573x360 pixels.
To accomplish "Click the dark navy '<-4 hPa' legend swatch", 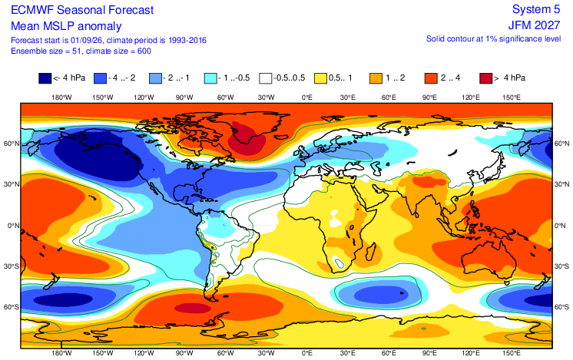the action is (45, 78).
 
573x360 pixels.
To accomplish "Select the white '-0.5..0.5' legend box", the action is (266, 78).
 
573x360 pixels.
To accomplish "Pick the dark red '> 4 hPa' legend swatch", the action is (485, 78).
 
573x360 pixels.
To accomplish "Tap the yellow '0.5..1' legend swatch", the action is (321, 78).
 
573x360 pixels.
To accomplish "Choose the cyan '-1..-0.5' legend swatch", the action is (210, 78).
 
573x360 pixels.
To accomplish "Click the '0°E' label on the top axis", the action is (307, 97).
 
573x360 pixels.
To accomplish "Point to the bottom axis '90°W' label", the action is (184, 353).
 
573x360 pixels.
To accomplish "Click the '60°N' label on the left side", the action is (12, 144).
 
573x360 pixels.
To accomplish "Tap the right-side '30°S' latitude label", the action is (561, 266).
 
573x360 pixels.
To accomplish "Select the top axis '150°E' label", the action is (512, 97).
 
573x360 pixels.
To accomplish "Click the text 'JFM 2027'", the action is (534, 25).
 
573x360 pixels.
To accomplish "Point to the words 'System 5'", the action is (536, 9).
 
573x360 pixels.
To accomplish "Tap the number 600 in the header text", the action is (144, 51).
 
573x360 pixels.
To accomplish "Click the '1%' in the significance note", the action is (490, 38).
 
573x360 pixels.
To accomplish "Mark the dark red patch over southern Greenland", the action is (247, 137).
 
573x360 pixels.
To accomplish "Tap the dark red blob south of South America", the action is (193, 309).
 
